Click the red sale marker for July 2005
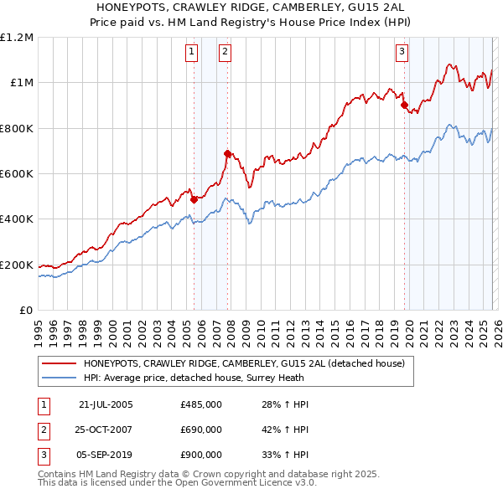194,199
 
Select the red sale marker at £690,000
227,153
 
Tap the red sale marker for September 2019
403,105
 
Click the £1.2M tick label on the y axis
17,38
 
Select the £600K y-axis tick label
17,174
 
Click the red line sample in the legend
60,363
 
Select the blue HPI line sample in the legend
60,378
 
